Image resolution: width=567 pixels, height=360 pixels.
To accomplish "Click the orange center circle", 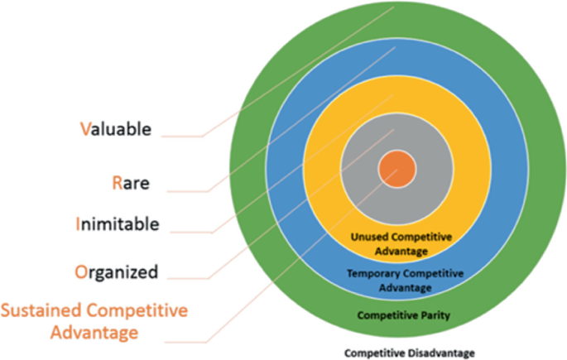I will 396,169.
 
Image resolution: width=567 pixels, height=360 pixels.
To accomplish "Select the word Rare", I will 130,184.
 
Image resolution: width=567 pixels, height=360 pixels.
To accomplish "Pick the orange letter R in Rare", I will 117,184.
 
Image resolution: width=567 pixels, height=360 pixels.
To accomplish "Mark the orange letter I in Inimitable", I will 77,223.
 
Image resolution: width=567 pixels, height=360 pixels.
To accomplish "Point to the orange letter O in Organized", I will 80,271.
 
